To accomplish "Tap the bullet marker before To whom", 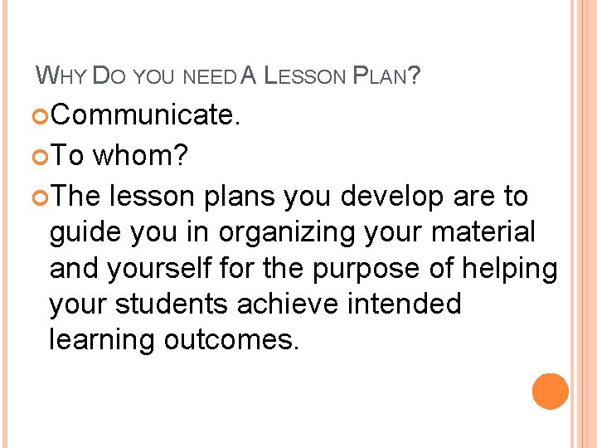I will pos(42,155).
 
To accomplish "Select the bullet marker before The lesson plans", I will pos(42,197).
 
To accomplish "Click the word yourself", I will pos(177,269).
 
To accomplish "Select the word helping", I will pos(518,269).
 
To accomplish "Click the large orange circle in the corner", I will pos(551,392).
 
